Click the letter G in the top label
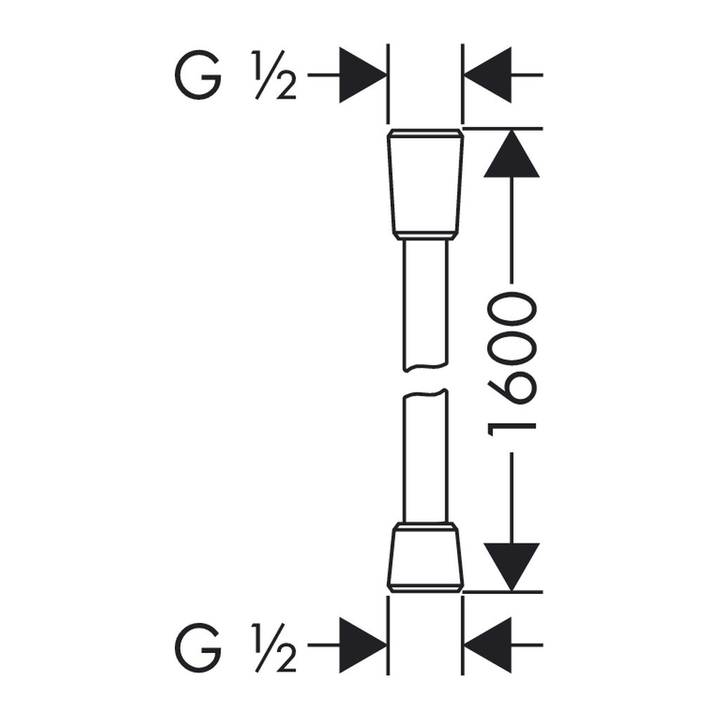click(x=198, y=74)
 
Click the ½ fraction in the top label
click(x=274, y=74)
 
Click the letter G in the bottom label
click(x=198, y=647)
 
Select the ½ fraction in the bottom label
click(x=274, y=647)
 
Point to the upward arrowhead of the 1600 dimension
click(x=512, y=154)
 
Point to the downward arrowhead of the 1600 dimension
click(x=512, y=567)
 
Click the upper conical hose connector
click(x=426, y=185)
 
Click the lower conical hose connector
click(x=426, y=557)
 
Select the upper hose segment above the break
click(x=426, y=305)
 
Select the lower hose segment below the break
click(x=426, y=456)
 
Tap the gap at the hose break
click(x=426, y=380)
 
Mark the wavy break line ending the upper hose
click(x=426, y=367)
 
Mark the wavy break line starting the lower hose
click(x=426, y=393)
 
